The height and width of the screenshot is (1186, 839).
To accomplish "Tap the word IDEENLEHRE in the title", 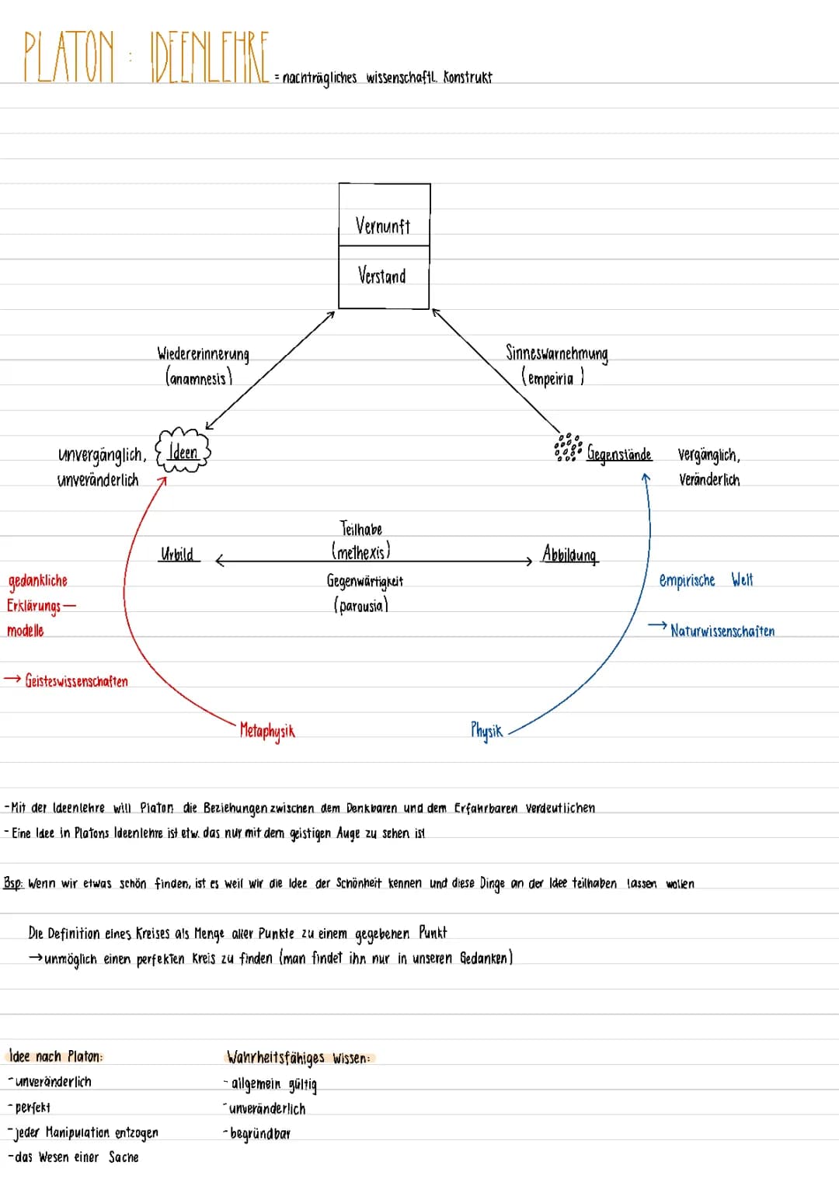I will (x=209, y=57).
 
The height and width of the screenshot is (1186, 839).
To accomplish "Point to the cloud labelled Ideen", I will (x=183, y=450).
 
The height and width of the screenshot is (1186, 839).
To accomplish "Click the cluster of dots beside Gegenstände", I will (x=568, y=447).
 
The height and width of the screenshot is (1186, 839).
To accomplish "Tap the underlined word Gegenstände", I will (x=619, y=454).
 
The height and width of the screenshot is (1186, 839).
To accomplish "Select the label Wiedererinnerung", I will (x=204, y=354).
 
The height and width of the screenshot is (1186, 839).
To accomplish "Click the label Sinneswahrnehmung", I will (x=556, y=353).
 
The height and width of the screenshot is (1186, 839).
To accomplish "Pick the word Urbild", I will (x=177, y=554).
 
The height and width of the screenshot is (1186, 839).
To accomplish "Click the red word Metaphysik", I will (x=267, y=731).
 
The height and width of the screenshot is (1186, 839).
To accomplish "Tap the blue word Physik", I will (x=486, y=730).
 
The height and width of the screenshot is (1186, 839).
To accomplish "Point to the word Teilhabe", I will (x=361, y=529).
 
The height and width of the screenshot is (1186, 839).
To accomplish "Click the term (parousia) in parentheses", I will (x=360, y=605).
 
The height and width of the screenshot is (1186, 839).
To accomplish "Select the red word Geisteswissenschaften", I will (x=76, y=681).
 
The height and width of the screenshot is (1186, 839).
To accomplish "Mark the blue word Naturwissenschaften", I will (x=722, y=631).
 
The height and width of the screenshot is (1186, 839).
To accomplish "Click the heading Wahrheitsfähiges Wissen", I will (x=298, y=1057).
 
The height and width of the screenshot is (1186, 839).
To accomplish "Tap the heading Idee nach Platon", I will (x=55, y=1056).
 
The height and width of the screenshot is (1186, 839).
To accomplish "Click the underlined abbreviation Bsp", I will (x=12, y=883).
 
